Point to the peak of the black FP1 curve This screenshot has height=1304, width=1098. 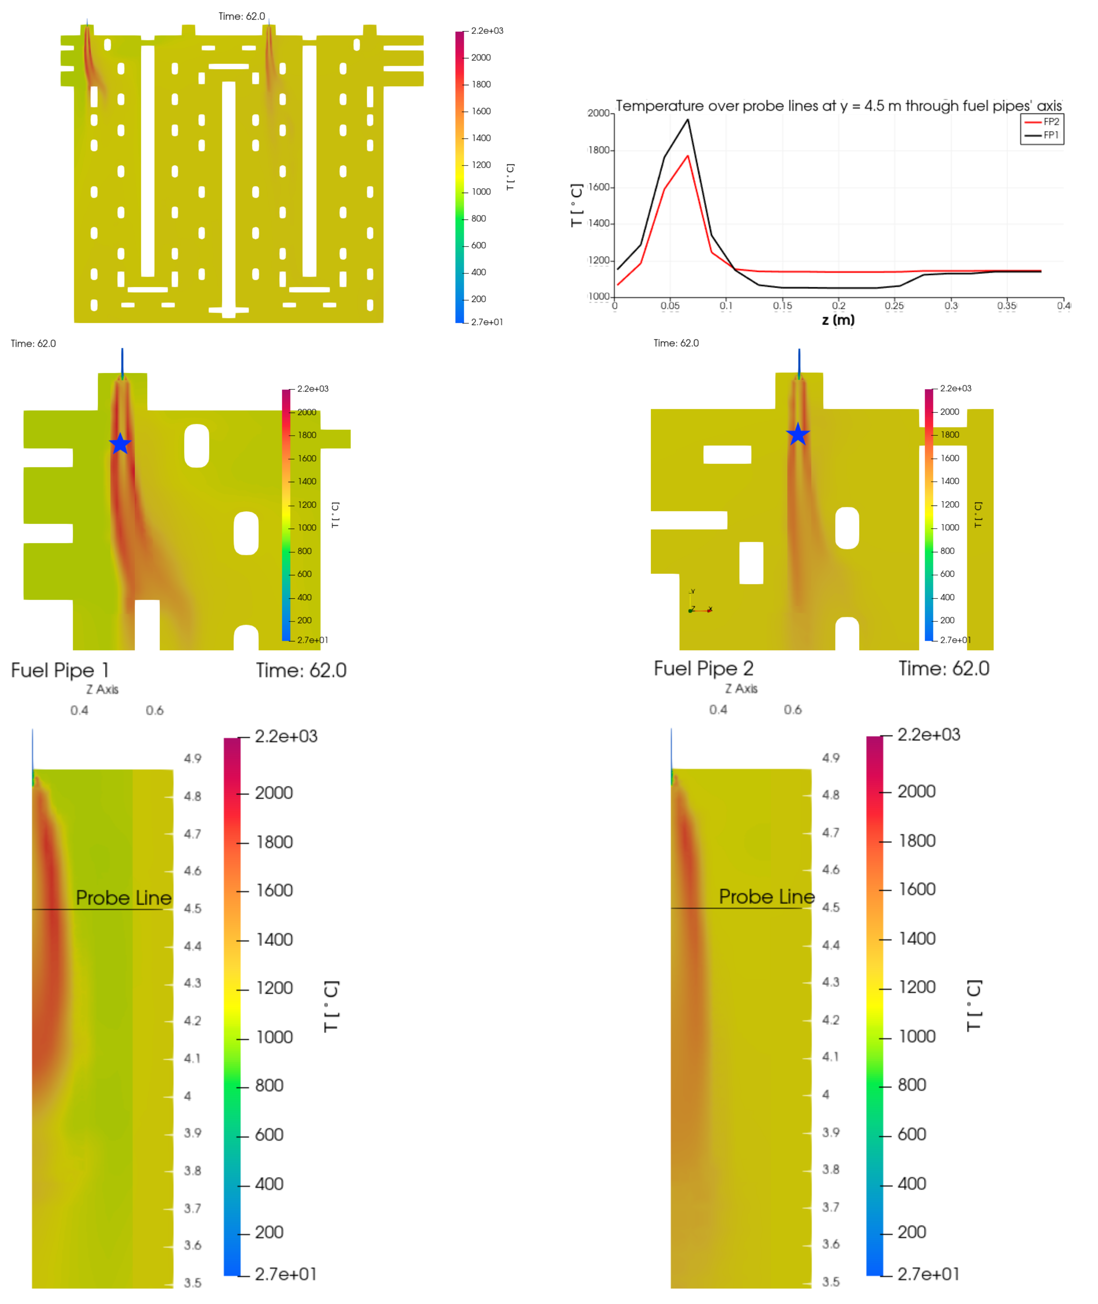(688, 119)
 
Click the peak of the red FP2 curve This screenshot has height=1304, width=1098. (688, 156)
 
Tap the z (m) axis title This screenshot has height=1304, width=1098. (838, 320)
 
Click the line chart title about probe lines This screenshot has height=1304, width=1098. (838, 106)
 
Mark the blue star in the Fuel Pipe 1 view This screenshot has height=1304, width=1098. (120, 444)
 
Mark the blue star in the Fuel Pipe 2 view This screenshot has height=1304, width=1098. (797, 435)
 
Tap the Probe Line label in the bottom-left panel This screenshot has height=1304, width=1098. (123, 898)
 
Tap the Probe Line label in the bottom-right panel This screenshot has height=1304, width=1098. (766, 897)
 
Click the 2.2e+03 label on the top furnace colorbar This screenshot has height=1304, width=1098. (487, 30)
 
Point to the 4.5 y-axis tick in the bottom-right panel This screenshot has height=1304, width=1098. (830, 907)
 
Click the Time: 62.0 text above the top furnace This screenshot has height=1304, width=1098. (242, 16)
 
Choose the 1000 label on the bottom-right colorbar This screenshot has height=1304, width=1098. (917, 1036)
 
